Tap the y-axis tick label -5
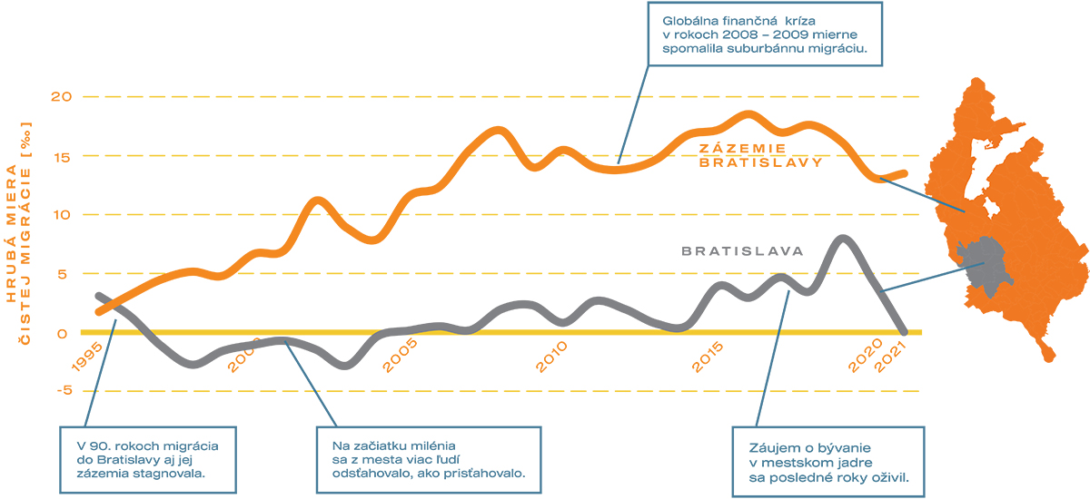(62, 392)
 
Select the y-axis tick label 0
(63, 333)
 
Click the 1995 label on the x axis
(88, 356)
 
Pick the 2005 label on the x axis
(400, 356)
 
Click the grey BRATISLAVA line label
(742, 251)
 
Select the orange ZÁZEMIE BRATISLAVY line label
(759, 155)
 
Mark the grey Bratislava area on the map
(984, 265)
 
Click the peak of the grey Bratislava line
(843, 240)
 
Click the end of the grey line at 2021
(904, 331)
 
